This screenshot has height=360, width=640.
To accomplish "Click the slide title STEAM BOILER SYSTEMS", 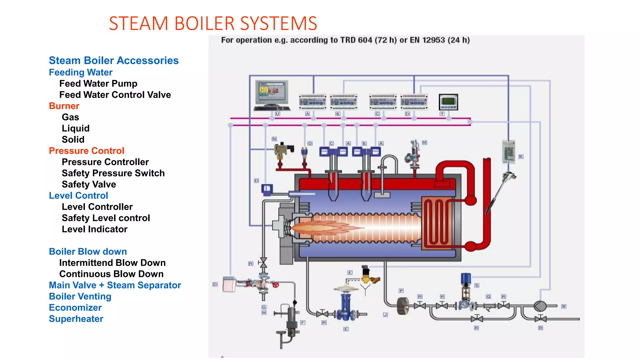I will [x=213, y=23].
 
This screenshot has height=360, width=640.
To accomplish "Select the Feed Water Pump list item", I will [x=98, y=84].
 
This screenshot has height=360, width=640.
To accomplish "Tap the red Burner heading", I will [x=64, y=106].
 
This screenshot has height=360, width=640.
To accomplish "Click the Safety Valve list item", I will [x=89, y=184].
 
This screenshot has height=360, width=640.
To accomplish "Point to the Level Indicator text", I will [x=94, y=229].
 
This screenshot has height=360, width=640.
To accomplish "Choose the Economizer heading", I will [x=75, y=308].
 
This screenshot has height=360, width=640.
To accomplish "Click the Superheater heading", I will [x=76, y=319].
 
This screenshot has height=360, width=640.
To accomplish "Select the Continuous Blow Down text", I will [x=111, y=274].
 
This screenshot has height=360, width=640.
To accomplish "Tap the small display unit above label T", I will [x=448, y=102].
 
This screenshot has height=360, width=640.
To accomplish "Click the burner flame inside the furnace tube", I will [x=325, y=227].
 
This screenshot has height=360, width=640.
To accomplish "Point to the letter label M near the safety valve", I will [x=424, y=142].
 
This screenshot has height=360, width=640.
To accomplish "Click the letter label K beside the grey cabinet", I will [x=521, y=157].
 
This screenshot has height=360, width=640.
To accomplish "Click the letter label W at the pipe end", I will [x=563, y=306].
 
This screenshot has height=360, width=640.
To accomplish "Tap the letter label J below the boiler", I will [x=385, y=315].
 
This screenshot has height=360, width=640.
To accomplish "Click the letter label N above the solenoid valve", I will [x=274, y=139].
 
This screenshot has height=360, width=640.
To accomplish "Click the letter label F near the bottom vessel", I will [x=303, y=322].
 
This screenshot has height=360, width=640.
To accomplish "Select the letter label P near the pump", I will [x=401, y=291].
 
